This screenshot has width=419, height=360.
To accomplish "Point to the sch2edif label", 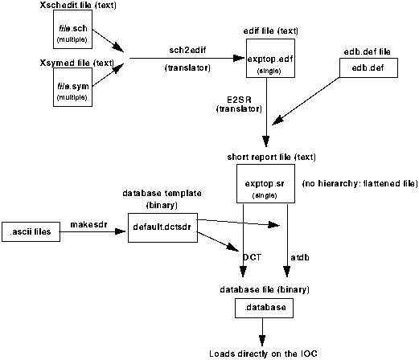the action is click(x=187, y=50).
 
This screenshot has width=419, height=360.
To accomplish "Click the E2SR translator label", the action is click(x=239, y=104).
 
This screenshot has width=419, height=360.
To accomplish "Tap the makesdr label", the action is click(x=88, y=224).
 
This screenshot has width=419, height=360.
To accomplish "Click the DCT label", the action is click(x=252, y=257).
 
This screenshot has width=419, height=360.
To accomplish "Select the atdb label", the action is click(x=300, y=257).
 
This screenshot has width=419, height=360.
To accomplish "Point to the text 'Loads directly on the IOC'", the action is click(x=263, y=354).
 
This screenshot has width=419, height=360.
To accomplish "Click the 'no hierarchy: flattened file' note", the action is click(x=360, y=183).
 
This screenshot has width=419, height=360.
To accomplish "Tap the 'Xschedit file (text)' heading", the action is click(x=78, y=5).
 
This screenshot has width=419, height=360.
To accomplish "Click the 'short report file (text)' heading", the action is click(x=271, y=157).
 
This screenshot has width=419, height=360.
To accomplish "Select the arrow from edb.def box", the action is click(x=306, y=101).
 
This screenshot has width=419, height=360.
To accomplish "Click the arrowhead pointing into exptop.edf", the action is click(x=239, y=58).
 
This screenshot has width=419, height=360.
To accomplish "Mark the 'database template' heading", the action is click(x=162, y=193).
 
